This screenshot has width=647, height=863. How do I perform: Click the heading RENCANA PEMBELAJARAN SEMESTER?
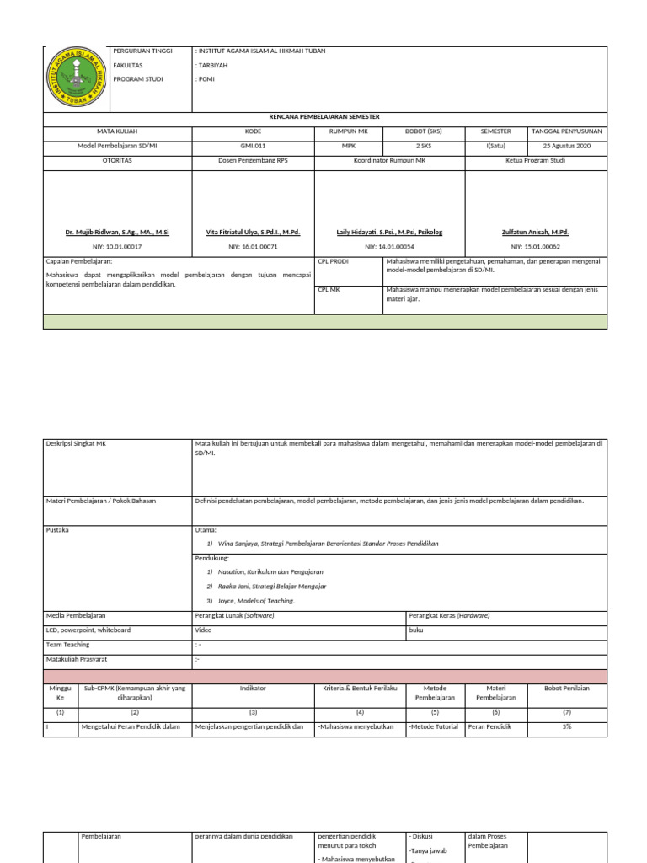[324, 118]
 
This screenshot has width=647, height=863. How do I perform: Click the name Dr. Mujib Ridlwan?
[117, 232]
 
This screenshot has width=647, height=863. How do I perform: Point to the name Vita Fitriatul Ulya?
[253, 232]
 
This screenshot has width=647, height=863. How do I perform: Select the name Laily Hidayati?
[389, 232]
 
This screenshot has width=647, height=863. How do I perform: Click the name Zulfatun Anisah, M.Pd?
[535, 232]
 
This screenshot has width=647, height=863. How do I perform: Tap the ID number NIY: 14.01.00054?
[389, 247]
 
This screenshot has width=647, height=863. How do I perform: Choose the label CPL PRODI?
[333, 261]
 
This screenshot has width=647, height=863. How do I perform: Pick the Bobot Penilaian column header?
[567, 689]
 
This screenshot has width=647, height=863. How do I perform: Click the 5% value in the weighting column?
[567, 726]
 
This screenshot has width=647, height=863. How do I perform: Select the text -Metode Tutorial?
[434, 726]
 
